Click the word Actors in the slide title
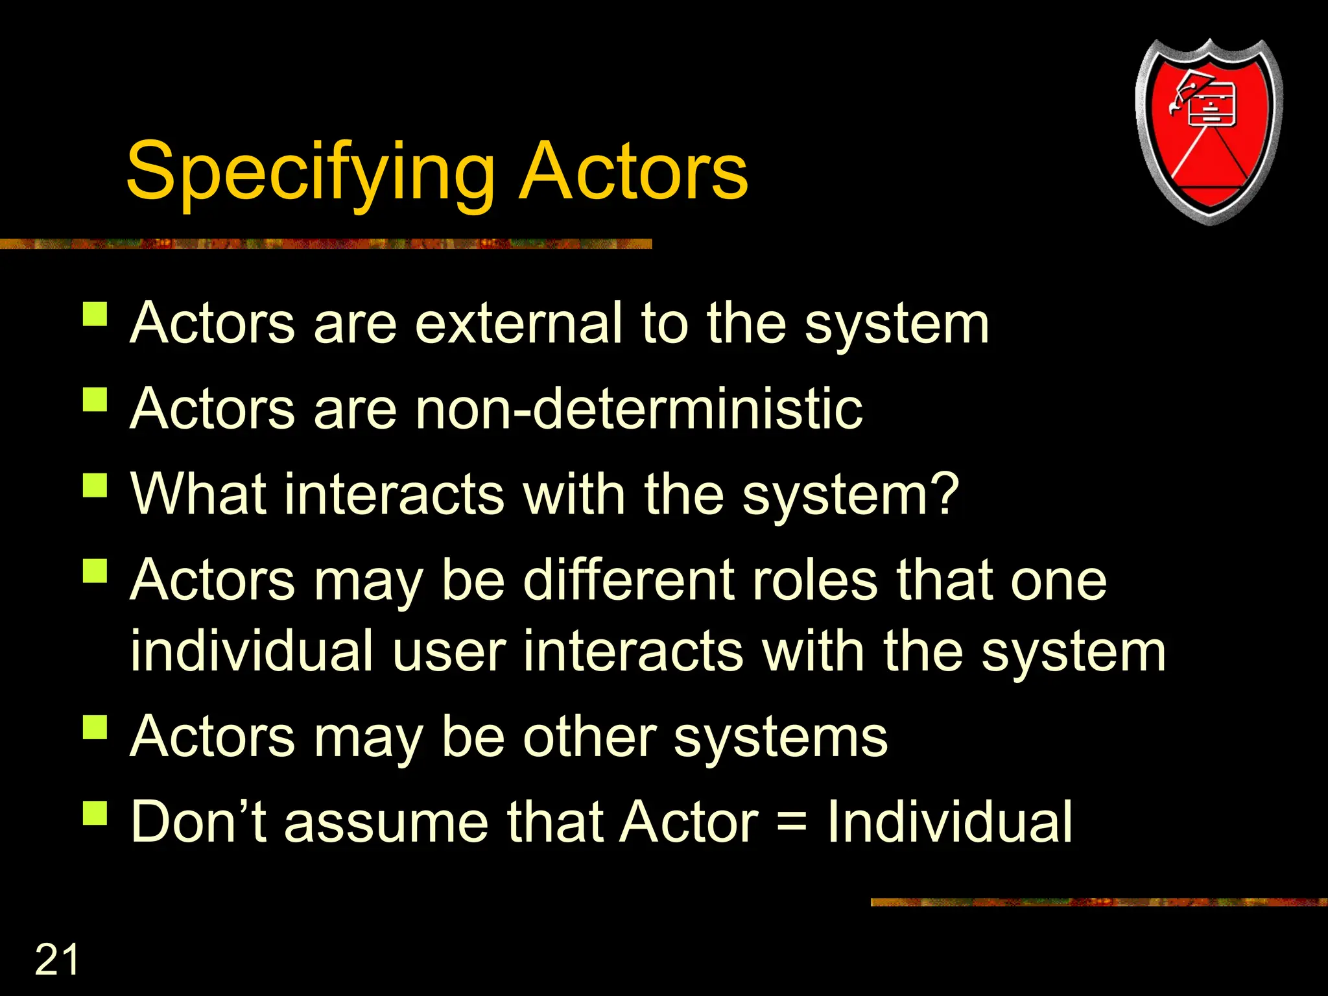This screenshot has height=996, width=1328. (x=634, y=172)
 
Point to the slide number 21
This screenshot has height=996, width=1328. (x=56, y=960)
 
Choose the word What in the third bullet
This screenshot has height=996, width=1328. (x=198, y=494)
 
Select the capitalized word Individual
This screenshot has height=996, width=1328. (x=949, y=822)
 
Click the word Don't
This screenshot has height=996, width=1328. (x=198, y=822)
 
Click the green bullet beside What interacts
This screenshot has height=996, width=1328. (x=95, y=485)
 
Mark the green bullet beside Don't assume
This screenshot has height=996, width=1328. (x=95, y=812)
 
